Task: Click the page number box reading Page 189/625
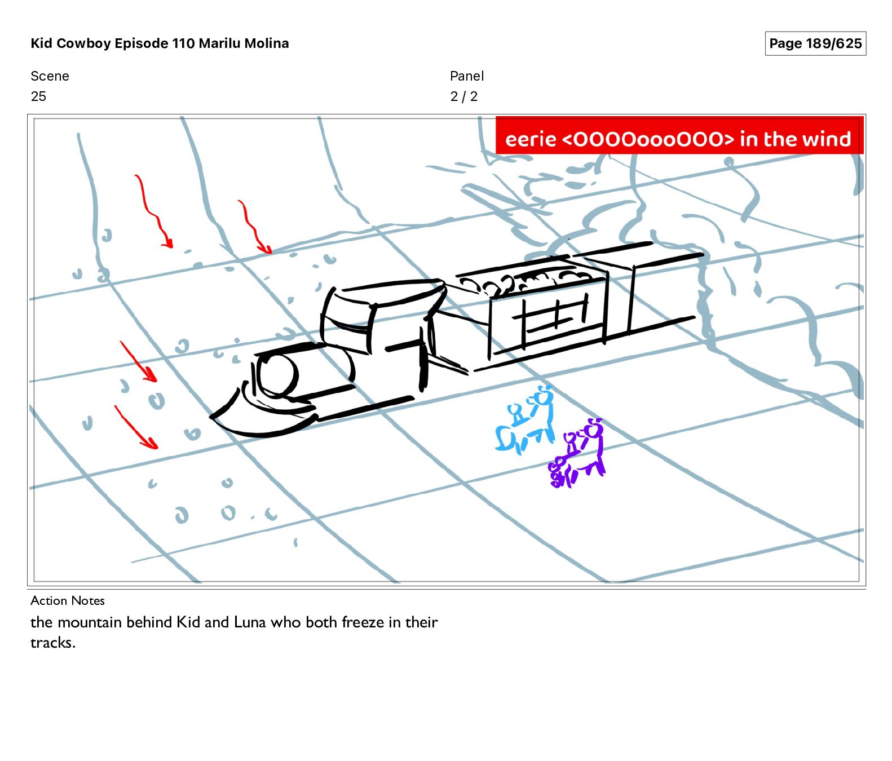click(815, 43)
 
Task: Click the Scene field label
click(50, 76)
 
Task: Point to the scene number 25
click(38, 96)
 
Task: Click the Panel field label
click(467, 76)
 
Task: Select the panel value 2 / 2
click(463, 96)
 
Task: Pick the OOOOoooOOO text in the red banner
click(648, 139)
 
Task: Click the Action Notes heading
click(68, 600)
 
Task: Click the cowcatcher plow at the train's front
click(262, 414)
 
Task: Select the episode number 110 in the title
click(183, 43)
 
